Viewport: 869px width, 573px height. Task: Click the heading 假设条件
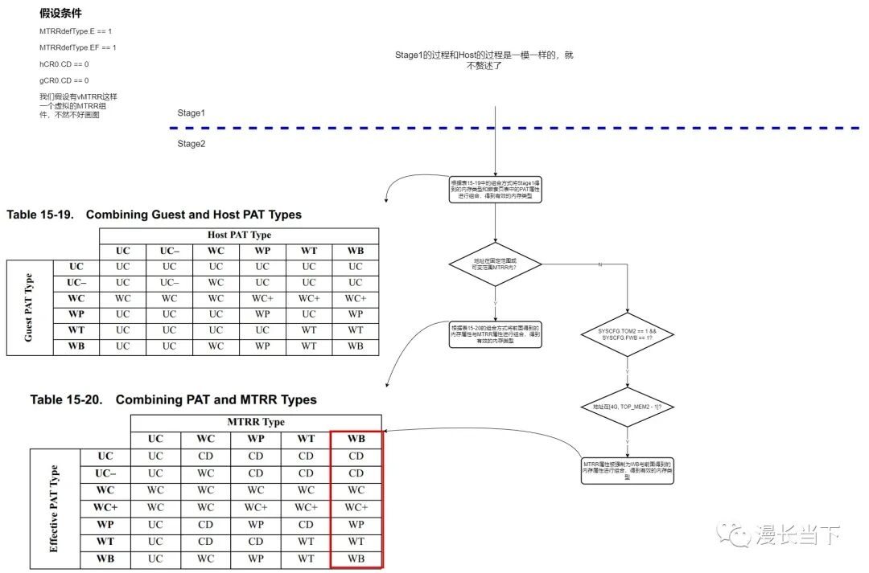pyautogui.click(x=60, y=14)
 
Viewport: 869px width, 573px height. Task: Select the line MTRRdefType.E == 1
pyautogui.click(x=76, y=31)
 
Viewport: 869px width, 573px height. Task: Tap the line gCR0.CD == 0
pyautogui.click(x=64, y=80)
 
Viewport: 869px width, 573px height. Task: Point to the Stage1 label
pyautogui.click(x=192, y=113)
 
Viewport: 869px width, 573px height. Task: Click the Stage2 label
pyautogui.click(x=192, y=144)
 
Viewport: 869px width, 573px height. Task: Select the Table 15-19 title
pyautogui.click(x=154, y=215)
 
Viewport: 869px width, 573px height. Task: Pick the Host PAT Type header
pyautogui.click(x=239, y=235)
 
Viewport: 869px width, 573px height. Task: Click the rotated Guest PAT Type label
pyautogui.click(x=29, y=307)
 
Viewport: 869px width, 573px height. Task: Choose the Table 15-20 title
pyautogui.click(x=173, y=399)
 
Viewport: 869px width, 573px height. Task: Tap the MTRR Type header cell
pyautogui.click(x=256, y=422)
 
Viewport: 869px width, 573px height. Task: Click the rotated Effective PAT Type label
pyautogui.click(x=54, y=508)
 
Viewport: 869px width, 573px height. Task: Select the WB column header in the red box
pyautogui.click(x=356, y=439)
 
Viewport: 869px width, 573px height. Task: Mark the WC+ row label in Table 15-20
pyautogui.click(x=105, y=507)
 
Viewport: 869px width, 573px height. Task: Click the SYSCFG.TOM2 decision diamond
pyautogui.click(x=627, y=335)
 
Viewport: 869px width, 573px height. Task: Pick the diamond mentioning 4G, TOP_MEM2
pyautogui.click(x=627, y=407)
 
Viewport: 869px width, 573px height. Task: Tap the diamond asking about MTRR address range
pyautogui.click(x=495, y=264)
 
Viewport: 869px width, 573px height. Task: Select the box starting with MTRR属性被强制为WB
pyautogui.click(x=627, y=471)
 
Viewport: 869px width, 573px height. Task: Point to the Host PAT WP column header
pyautogui.click(x=262, y=251)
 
